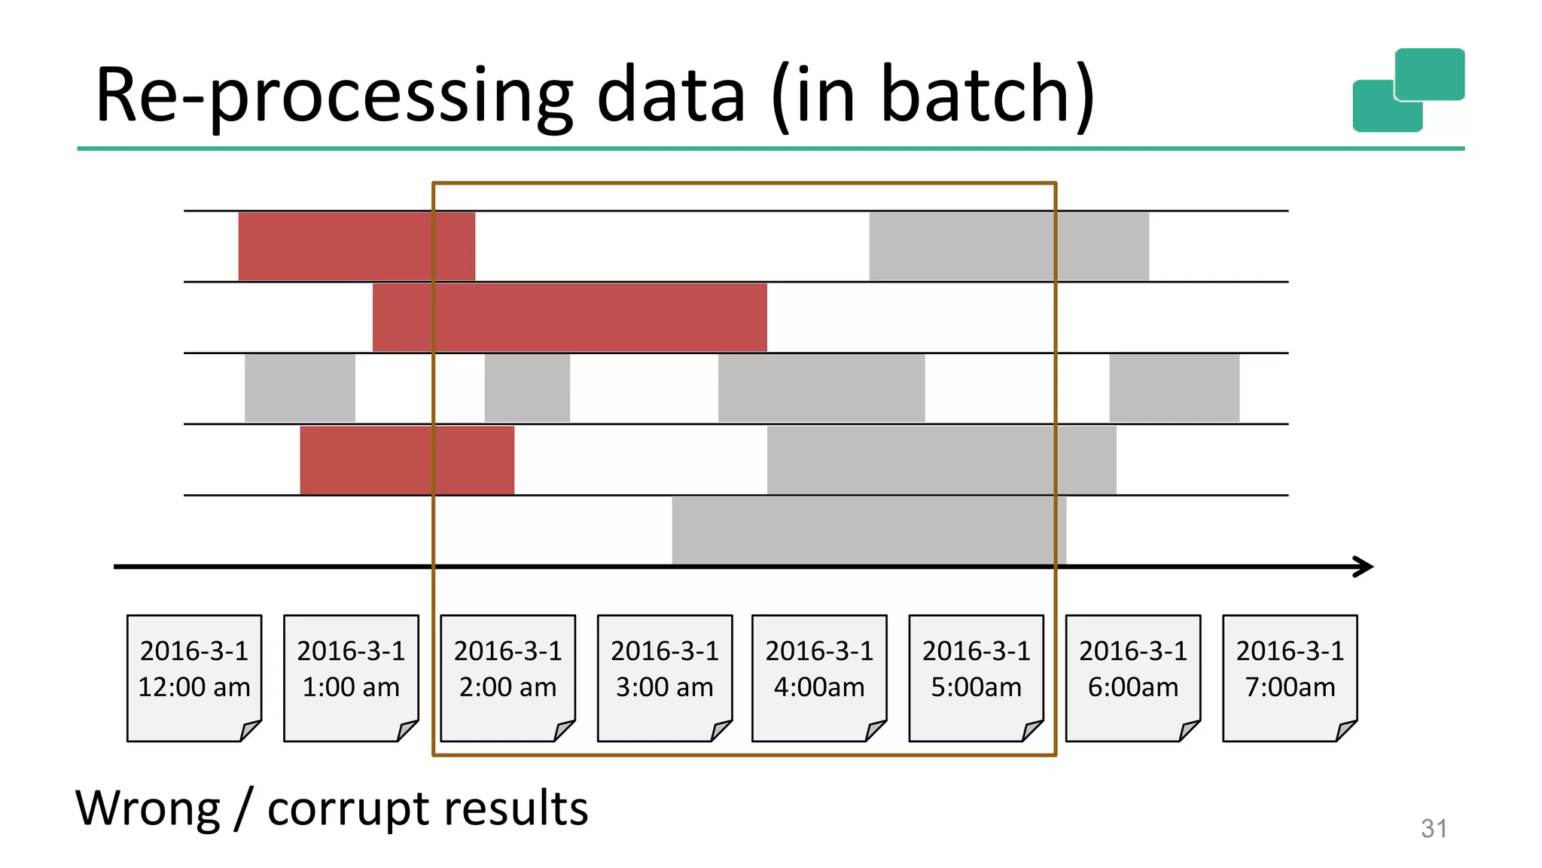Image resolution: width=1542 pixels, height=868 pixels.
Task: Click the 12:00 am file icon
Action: [x=194, y=677]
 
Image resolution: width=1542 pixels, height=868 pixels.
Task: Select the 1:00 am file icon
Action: [x=351, y=677]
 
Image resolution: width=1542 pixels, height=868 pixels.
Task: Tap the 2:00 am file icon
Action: [x=507, y=677]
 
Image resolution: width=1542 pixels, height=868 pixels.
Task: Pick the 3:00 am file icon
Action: [x=664, y=677]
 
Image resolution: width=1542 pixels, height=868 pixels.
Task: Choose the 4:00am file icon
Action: [x=819, y=677]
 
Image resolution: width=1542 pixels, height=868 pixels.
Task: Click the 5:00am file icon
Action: [x=976, y=677]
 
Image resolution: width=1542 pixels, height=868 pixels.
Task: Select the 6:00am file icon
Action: [x=1132, y=677]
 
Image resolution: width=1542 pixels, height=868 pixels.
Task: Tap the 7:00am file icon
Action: [x=1289, y=677]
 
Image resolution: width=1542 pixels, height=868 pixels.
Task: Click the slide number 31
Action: [x=1434, y=828]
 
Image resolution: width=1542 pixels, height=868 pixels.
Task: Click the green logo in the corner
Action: [x=1408, y=90]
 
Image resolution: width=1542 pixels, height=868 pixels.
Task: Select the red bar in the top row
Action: [x=356, y=246]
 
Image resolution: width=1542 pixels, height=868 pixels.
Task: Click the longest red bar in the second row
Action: [x=569, y=317]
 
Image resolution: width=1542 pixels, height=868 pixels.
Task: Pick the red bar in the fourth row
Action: [x=407, y=460]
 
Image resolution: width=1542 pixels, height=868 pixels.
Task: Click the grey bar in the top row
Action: [x=1009, y=246]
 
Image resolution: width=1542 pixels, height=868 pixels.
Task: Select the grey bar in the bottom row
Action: [x=869, y=530]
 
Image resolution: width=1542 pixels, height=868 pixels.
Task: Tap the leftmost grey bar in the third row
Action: [x=300, y=388]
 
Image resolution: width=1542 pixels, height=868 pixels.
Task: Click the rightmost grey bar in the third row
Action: [x=1174, y=388]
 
